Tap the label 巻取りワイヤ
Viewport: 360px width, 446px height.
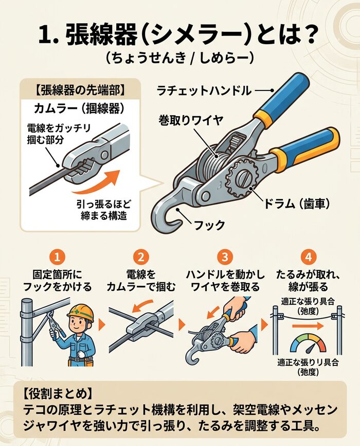[191, 120]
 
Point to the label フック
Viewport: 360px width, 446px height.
[211, 224]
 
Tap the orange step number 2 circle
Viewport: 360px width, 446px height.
[140, 256]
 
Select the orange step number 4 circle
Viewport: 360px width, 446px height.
[308, 256]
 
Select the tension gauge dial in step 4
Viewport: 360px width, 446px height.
[307, 344]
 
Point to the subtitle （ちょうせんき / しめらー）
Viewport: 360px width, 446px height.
[179, 57]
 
